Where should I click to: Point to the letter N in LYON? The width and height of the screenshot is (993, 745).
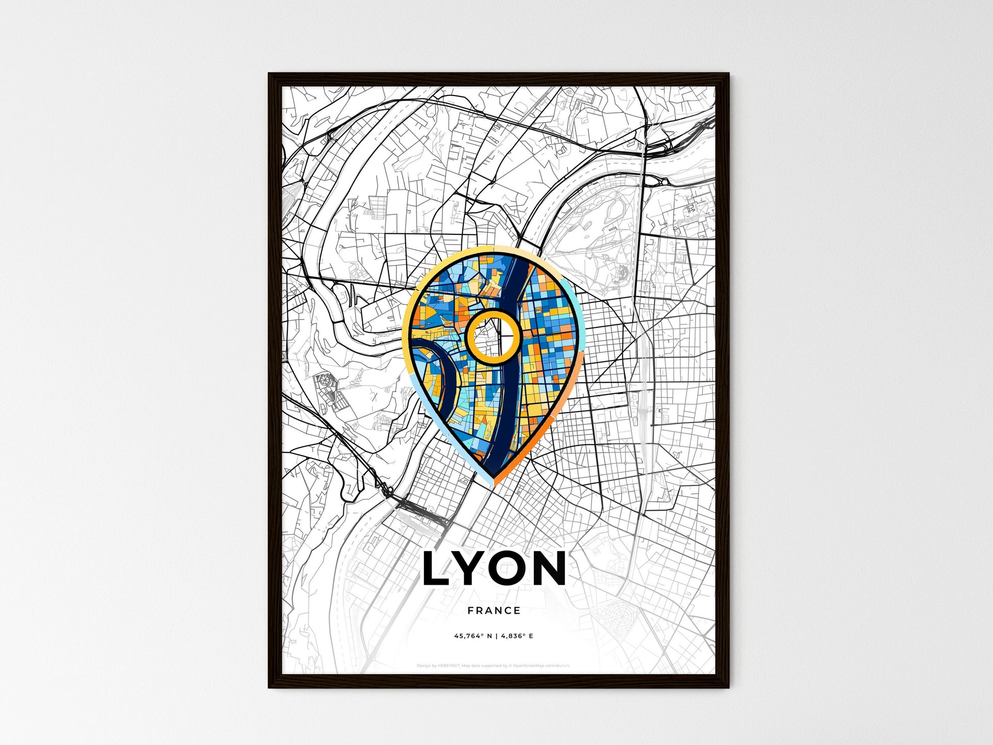coord(548,568)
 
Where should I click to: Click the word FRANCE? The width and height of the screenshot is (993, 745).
coord(494,611)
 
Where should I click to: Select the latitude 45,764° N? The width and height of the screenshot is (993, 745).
coord(473,636)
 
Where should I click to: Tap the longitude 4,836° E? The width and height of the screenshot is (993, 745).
coord(517,636)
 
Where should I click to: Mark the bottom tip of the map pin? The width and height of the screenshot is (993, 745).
coord(493,484)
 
